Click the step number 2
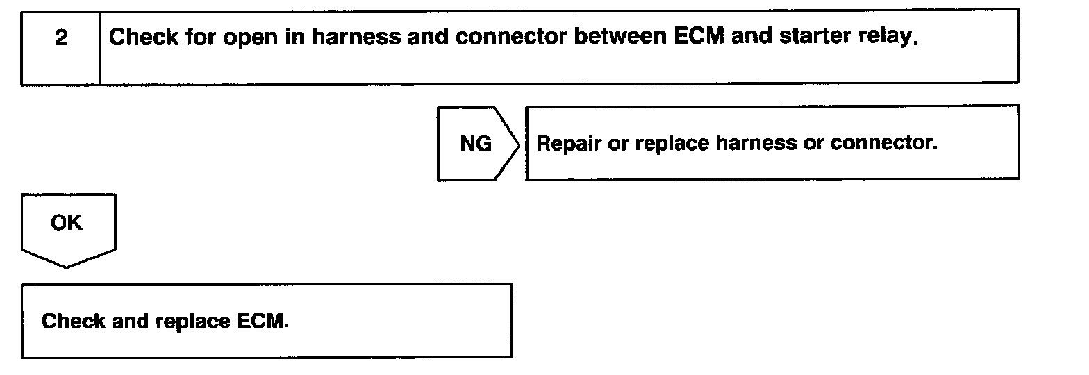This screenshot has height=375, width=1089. click(61, 38)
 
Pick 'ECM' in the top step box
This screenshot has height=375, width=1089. click(699, 37)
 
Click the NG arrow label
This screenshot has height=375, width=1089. click(476, 144)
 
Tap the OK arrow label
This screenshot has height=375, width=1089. click(67, 224)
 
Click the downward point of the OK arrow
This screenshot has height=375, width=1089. click(67, 265)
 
